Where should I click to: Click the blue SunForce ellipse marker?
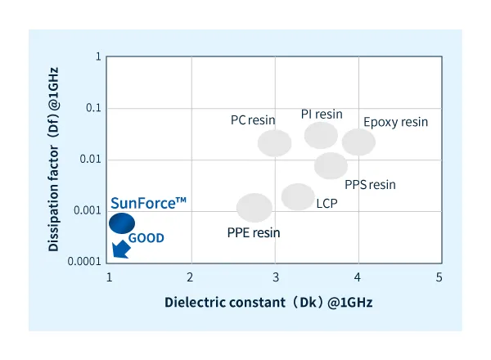point(123,223)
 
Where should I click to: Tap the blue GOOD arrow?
point(120,249)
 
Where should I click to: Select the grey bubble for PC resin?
point(275,143)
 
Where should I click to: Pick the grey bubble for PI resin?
point(321,135)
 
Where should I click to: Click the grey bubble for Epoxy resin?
point(358,142)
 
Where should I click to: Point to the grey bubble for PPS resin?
point(331,165)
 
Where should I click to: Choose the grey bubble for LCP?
point(298,196)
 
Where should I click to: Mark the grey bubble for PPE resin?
point(255,208)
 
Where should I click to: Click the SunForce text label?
point(143,202)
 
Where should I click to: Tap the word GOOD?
point(147,238)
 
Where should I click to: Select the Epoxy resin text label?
point(395,122)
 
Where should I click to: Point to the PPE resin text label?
point(253,232)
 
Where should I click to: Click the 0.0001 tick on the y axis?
point(85,262)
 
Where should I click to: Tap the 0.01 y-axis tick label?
point(90,159)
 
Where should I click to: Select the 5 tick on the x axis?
point(439,277)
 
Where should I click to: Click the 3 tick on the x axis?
point(276,277)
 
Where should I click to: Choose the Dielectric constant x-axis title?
point(268,302)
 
